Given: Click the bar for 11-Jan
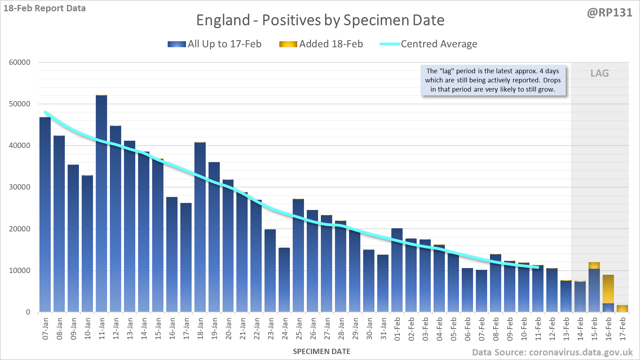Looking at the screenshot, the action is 101,203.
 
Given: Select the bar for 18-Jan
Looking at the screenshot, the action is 200,227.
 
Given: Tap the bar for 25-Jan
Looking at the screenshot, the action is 298,255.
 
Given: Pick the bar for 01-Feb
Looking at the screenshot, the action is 397,270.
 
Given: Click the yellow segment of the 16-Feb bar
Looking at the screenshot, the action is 608,289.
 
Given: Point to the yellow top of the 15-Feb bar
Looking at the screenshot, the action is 594,266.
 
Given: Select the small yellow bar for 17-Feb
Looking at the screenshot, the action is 622,309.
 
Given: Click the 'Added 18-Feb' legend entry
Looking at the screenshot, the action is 321,44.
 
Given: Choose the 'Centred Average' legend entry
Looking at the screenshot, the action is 428,44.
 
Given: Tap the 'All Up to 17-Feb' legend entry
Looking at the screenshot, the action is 215,44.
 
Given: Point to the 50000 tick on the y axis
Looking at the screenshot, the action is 20,104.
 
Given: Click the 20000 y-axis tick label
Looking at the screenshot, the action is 20,229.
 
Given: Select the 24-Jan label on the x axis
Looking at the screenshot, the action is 285,329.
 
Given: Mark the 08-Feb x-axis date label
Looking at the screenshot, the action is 496,329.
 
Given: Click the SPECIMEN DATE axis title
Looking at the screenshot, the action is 322,352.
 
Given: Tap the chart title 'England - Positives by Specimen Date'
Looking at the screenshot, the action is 320,20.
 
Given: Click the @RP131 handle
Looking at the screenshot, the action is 610,13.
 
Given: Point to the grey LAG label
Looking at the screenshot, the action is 599,73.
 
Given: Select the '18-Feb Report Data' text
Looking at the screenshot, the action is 45,8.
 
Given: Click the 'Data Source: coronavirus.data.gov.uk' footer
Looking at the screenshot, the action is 552,352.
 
